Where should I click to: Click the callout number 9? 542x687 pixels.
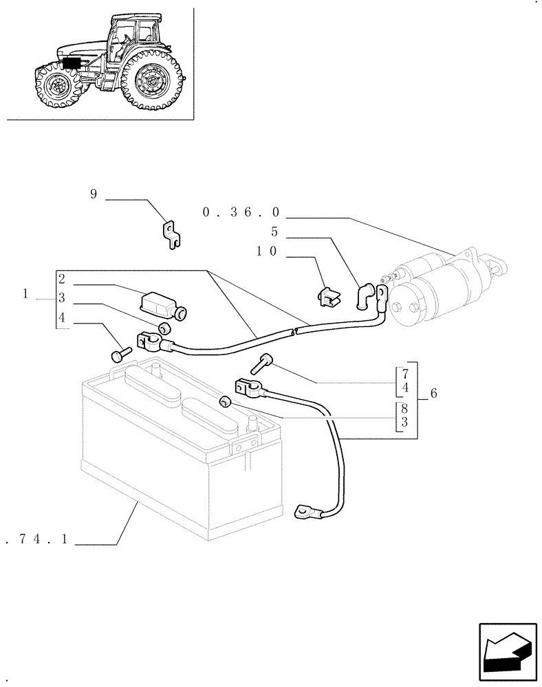(94, 194)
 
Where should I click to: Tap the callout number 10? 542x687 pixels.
(267, 252)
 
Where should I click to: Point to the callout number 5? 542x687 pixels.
(274, 232)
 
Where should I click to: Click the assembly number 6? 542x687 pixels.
(433, 393)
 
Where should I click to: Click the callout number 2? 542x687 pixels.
(62, 279)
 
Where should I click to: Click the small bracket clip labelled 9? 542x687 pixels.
(172, 231)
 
